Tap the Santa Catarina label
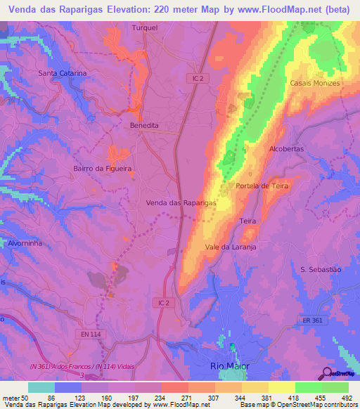pos(63,73)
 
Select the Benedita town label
pos(145,125)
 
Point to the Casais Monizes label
pos(315,83)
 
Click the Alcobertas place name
pos(287,149)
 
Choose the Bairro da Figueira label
pos(103,169)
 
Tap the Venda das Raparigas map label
pos(181,202)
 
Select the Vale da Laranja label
pos(231,247)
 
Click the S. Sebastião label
pos(320,269)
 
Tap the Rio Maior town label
pos(231,366)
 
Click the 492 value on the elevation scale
pos(347,396)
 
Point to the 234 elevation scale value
pos(165,396)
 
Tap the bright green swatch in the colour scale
pos(309,387)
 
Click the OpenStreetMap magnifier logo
pos(327,372)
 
